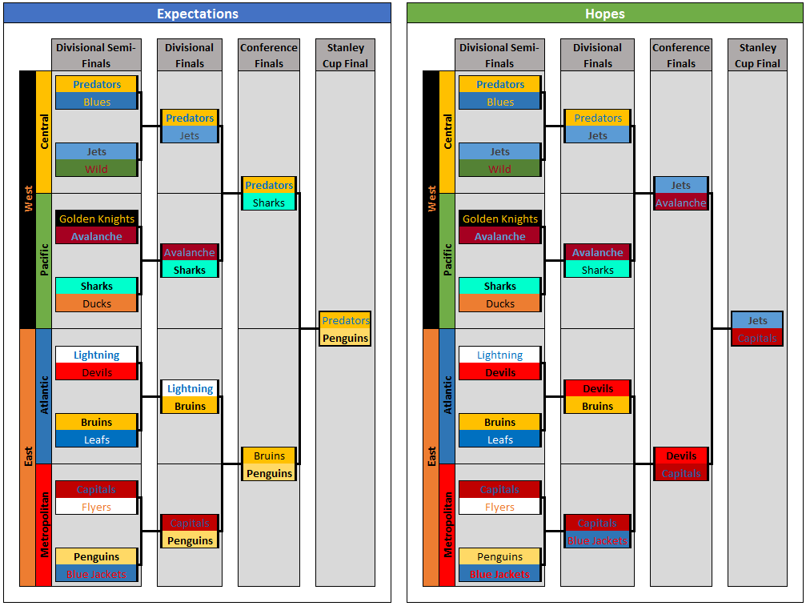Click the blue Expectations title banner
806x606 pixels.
[x=197, y=14]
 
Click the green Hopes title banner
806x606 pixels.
[x=604, y=14]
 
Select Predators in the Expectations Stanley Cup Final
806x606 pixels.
[x=345, y=320]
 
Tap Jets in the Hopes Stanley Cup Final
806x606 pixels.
[x=757, y=320]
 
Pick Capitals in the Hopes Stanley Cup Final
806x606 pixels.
[x=757, y=338]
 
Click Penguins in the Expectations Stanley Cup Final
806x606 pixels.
[x=345, y=338]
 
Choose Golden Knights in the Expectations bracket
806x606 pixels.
[x=97, y=219]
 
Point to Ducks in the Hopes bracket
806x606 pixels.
[x=500, y=303]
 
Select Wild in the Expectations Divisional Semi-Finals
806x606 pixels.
[x=97, y=169]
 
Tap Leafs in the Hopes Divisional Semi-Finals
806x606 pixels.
[x=500, y=439]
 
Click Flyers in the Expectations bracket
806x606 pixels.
[x=97, y=507]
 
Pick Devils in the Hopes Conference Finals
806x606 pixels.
[x=681, y=456]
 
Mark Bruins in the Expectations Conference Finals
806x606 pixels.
[x=269, y=456]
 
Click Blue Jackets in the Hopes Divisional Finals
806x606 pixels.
[x=597, y=540]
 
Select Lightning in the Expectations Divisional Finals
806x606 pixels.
[x=190, y=388]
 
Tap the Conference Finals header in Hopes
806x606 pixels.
[x=681, y=55]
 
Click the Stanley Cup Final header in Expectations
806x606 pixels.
[x=345, y=55]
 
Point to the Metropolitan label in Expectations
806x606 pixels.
[x=44, y=524]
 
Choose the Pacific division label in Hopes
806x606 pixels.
[x=447, y=260]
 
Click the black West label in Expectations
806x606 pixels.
[x=28, y=199]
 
